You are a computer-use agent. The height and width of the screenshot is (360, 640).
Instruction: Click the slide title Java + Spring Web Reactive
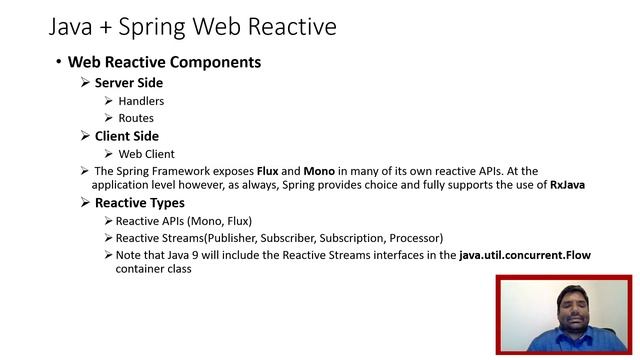click(192, 24)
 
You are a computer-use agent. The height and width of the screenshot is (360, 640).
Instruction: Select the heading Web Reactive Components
click(164, 62)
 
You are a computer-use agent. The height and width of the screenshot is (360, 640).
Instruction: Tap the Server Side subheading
click(128, 83)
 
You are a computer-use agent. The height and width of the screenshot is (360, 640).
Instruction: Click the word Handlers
click(141, 101)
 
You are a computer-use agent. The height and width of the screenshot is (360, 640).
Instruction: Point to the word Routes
click(136, 118)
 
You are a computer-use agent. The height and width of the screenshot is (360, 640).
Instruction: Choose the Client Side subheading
click(126, 136)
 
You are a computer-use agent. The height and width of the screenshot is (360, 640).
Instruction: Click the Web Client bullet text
click(146, 154)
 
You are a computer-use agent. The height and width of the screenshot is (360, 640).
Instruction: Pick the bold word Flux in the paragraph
click(267, 171)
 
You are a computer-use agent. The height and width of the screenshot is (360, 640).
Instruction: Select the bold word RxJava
click(567, 185)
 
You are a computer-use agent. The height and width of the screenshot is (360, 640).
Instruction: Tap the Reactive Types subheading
click(136, 203)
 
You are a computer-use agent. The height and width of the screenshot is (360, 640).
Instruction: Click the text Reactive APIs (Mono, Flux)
click(184, 221)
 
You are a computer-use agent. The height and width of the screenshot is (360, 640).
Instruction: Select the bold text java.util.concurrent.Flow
click(525, 255)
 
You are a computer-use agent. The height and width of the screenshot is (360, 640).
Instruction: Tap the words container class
click(153, 269)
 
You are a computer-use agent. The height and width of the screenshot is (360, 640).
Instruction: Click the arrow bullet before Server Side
click(85, 83)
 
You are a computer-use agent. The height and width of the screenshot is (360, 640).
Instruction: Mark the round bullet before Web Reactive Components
click(59, 62)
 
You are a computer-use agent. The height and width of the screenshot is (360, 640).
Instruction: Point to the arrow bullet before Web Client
click(108, 154)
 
